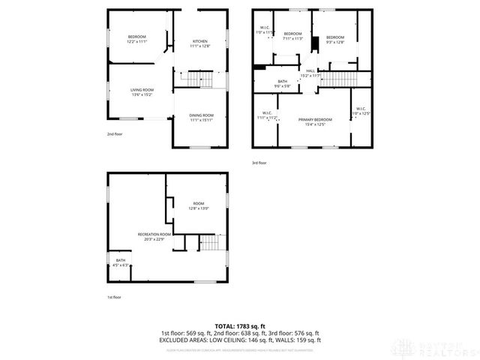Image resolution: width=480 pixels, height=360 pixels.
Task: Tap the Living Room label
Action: pyautogui.click(x=142, y=91)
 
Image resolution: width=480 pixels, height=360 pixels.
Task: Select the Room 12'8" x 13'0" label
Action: pyautogui.click(x=198, y=205)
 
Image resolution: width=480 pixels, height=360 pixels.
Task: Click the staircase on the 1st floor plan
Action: pyautogui.click(x=211, y=243)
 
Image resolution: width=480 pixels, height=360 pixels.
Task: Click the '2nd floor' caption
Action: pyautogui.click(x=113, y=134)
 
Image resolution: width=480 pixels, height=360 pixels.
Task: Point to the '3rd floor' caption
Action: pyautogui.click(x=259, y=163)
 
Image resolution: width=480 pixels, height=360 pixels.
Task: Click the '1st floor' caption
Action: pyautogui.click(x=113, y=297)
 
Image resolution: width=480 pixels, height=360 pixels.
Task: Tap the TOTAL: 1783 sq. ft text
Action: pyautogui.click(x=240, y=326)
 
